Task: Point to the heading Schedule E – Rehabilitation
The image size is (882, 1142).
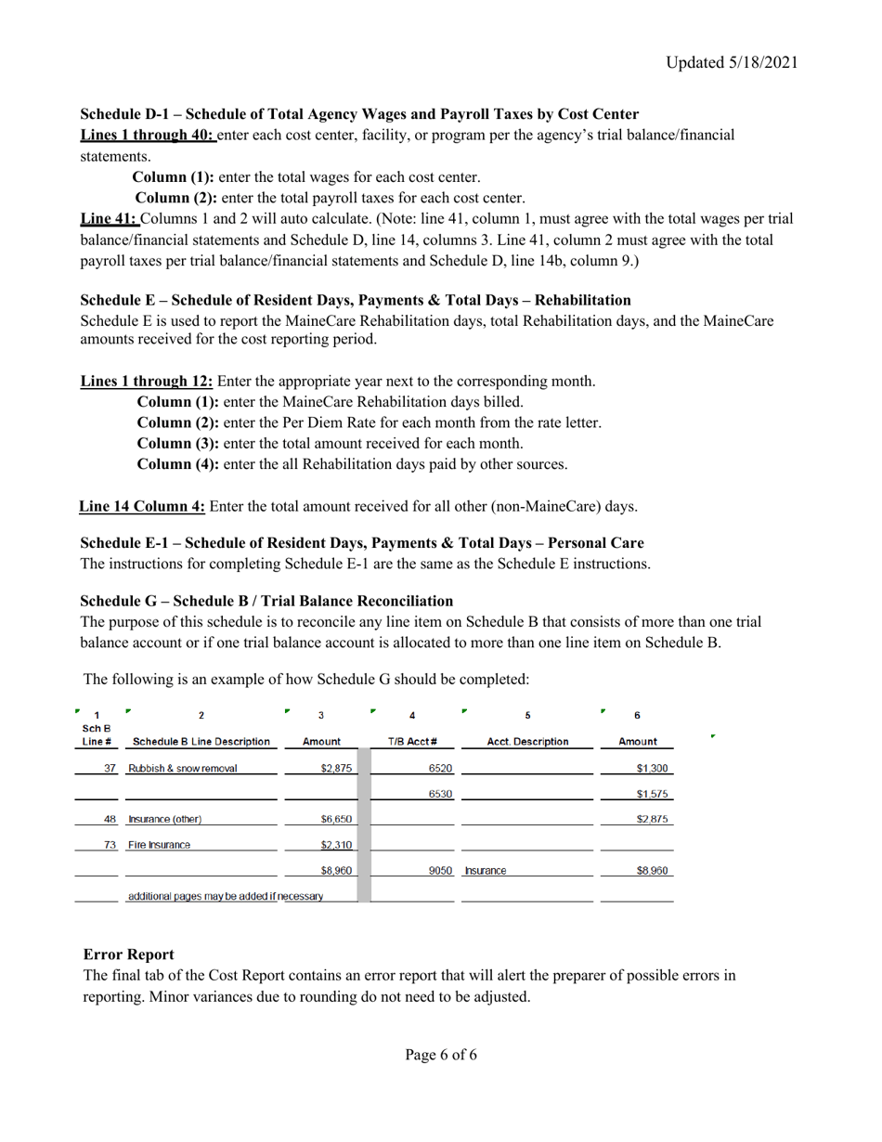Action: [x=356, y=300]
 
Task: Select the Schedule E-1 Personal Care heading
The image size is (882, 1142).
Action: [x=362, y=542]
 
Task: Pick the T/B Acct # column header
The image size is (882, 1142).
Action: [x=412, y=742]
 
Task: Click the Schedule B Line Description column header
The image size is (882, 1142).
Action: [x=201, y=742]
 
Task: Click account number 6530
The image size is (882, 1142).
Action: [x=440, y=795]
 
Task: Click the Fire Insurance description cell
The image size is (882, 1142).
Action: [x=159, y=845]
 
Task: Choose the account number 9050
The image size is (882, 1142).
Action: [x=440, y=872]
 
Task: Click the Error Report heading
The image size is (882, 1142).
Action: [x=128, y=954]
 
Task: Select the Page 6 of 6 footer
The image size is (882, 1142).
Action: [x=441, y=1055]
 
